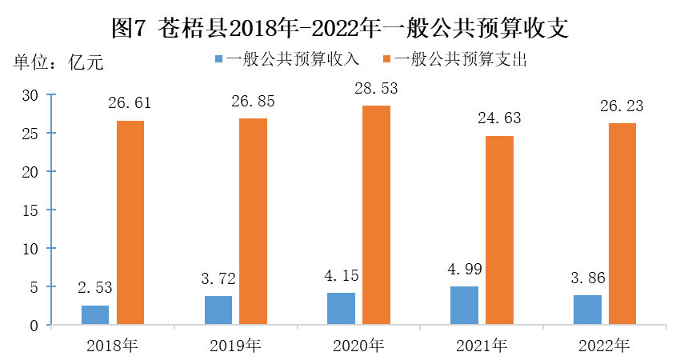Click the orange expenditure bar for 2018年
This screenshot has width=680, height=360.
130,223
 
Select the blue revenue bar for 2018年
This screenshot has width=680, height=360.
95,315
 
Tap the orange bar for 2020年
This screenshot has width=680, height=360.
376,215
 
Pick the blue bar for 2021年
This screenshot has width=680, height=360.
464,306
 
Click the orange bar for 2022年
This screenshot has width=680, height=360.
622,224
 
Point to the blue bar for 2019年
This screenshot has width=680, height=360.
218,310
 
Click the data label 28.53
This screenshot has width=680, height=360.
376,88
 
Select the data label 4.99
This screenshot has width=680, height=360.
464,269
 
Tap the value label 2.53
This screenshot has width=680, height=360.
95,287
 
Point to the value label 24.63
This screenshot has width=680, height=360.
499,118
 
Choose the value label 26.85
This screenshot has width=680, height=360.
253,102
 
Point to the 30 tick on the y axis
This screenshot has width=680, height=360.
30,95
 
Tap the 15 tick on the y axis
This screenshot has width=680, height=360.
30,210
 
